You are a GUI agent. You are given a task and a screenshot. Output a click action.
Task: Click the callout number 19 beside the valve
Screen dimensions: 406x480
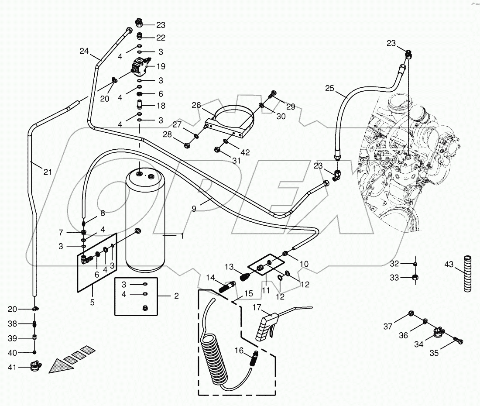161,66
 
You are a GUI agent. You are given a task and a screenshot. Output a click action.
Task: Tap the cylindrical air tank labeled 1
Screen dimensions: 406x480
144,223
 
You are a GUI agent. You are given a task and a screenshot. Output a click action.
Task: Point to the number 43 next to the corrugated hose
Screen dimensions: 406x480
449,265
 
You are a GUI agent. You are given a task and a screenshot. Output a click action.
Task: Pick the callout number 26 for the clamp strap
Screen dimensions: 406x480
196,105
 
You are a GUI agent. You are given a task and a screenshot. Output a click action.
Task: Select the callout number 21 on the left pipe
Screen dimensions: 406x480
48,172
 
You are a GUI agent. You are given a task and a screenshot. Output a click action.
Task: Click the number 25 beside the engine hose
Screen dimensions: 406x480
330,88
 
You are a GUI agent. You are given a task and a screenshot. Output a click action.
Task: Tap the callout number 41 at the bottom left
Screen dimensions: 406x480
12,367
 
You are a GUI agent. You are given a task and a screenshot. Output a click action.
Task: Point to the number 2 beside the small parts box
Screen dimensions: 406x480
176,296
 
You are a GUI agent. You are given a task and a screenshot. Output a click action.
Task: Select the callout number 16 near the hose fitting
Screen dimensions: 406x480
239,350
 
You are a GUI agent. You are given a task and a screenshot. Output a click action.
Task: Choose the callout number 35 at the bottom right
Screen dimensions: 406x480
434,354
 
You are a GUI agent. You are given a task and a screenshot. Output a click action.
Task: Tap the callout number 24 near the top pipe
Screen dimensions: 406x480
84,51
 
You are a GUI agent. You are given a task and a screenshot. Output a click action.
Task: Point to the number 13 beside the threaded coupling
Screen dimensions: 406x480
230,267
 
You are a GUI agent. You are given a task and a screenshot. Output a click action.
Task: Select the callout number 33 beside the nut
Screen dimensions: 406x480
394,277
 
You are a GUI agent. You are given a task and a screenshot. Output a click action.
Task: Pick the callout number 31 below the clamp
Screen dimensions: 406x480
236,160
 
